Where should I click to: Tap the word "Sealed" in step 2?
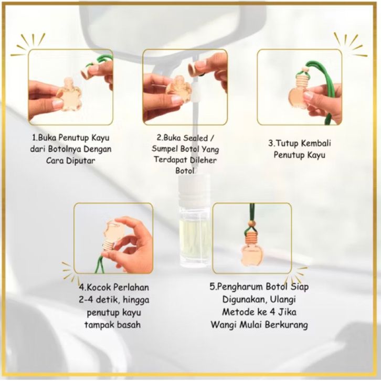point(195,138)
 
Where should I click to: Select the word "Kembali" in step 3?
point(316,143)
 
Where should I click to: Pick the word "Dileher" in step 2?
point(204,160)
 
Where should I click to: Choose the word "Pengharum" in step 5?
point(239,287)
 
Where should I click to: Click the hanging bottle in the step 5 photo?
point(252,252)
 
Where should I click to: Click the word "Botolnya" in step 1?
point(62,149)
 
